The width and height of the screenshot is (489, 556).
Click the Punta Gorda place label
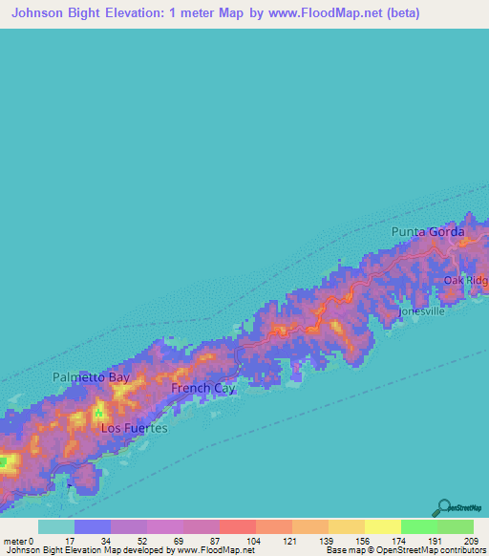point(428,232)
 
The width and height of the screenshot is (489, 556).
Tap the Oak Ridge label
point(466,280)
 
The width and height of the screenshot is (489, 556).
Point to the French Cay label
point(202,389)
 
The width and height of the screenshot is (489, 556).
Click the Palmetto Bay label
point(91,377)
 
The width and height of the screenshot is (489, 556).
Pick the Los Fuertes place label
point(135,429)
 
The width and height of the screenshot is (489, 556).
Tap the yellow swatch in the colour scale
point(382,526)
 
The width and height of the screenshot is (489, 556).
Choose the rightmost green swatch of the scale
point(456,526)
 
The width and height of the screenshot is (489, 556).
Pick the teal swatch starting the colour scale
point(55,526)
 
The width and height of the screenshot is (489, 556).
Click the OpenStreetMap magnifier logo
point(443,507)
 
